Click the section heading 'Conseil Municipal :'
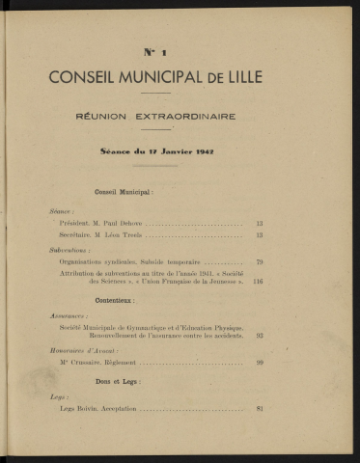126,193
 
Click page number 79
260,261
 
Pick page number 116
258,282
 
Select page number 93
260,336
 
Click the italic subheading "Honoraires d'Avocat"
80,350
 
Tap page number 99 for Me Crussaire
260,363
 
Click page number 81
260,409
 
